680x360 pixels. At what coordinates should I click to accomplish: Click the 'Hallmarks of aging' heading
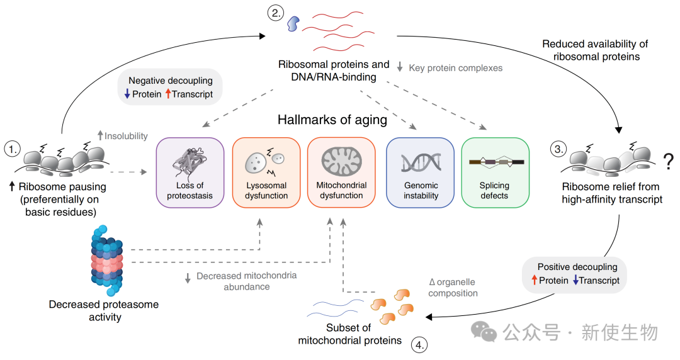point(332,120)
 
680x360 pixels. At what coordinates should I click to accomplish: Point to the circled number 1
point(12,149)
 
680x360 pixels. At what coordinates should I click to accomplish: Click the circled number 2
point(276,12)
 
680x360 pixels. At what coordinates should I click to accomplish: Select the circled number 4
point(420,345)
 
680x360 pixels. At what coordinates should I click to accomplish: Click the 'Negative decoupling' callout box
point(170,87)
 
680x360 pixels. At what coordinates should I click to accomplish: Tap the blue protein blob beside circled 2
point(293,24)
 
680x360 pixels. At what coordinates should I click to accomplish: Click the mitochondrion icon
point(342,160)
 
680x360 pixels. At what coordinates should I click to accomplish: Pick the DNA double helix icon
point(421,162)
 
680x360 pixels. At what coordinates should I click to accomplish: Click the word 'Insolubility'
point(125,135)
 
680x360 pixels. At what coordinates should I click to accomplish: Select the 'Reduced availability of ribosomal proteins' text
point(595,50)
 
